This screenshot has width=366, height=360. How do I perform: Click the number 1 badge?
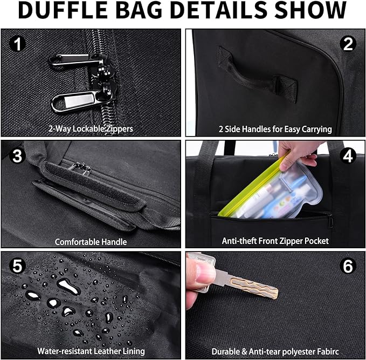coord(18,44)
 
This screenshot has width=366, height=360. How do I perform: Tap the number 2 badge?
coord(348,44)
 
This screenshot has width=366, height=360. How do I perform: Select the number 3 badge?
coord(18,156)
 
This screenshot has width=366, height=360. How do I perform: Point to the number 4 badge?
coord(348,156)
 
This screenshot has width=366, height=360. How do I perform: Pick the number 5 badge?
coord(18,267)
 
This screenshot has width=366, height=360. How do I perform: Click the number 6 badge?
coord(348,267)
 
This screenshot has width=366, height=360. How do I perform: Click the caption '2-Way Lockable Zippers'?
coord(91,129)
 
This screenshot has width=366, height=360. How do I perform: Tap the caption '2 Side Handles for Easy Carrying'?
coord(275,129)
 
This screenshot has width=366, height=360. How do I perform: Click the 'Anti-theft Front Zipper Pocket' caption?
coord(275,241)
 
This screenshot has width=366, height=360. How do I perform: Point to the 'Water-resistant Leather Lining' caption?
coord(91,351)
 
